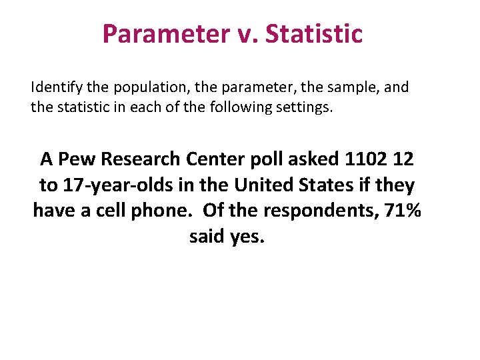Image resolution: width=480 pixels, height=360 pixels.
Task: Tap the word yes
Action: (x=247, y=237)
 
